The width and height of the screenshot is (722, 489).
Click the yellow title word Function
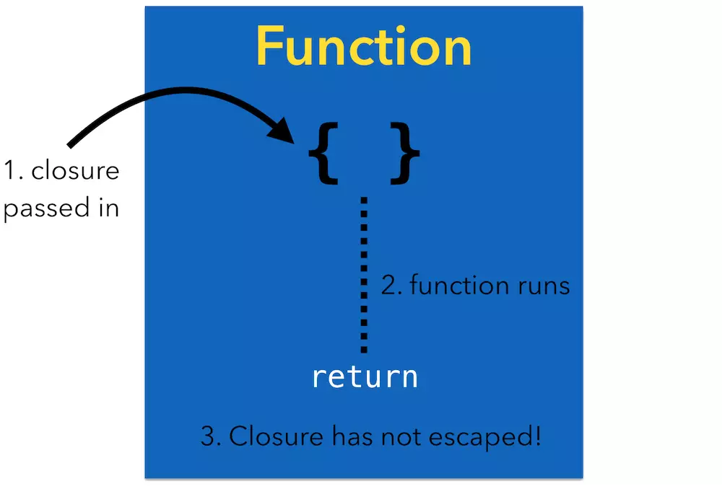[x=363, y=46]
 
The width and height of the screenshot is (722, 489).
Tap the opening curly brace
[x=323, y=152]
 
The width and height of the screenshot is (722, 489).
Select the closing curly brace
[x=404, y=152]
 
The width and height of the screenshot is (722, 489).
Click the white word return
[x=365, y=376]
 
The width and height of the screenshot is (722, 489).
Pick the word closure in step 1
[x=75, y=172]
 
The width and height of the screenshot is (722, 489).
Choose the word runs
[x=542, y=286]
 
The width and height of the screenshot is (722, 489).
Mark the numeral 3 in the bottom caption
[x=207, y=437]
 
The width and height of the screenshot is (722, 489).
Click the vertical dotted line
[x=364, y=274]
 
